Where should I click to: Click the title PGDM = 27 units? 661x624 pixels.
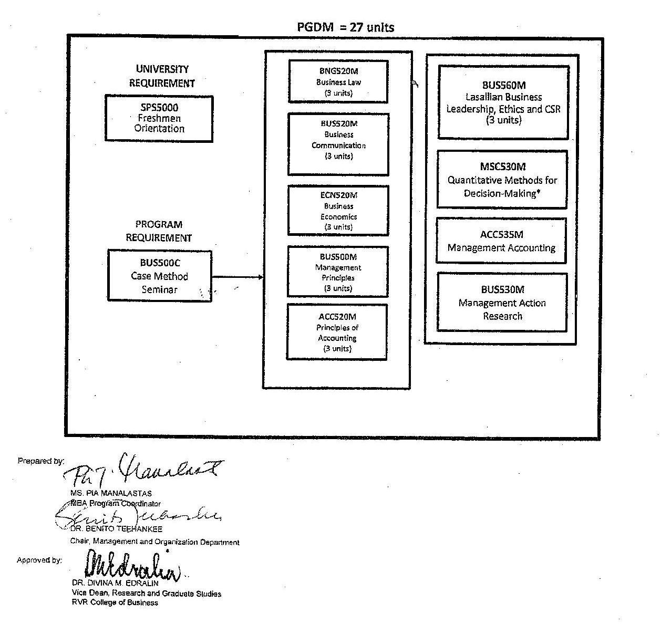(x=345, y=27)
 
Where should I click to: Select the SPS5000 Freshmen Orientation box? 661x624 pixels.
(x=159, y=118)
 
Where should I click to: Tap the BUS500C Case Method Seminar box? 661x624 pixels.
(x=160, y=276)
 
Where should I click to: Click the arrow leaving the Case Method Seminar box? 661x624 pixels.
(x=237, y=277)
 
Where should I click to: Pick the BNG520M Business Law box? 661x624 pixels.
(x=338, y=82)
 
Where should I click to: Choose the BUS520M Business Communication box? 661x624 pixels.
(x=338, y=144)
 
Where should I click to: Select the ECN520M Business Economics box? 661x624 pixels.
(x=338, y=211)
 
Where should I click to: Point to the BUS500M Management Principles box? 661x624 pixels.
(x=338, y=272)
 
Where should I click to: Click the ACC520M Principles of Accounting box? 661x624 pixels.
(x=337, y=332)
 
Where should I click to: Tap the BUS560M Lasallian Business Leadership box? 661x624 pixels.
(x=503, y=102)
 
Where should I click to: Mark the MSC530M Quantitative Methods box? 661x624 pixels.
(x=502, y=180)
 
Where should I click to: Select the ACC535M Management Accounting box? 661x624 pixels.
(x=501, y=241)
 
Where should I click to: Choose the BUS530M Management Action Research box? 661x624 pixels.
(x=502, y=303)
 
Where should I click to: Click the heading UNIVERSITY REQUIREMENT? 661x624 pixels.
(x=162, y=76)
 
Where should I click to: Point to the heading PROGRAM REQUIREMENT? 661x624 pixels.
(x=159, y=231)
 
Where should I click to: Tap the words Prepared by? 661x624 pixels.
(x=41, y=461)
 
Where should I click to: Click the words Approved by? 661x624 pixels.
(x=39, y=560)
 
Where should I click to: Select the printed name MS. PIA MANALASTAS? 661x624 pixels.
(x=111, y=493)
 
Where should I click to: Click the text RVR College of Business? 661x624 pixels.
(x=115, y=602)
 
